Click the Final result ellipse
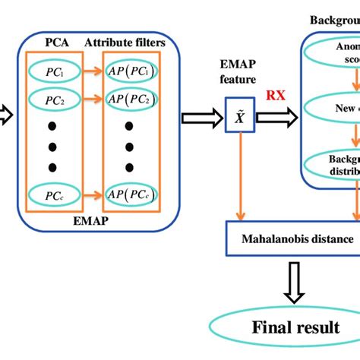point(296,327)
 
